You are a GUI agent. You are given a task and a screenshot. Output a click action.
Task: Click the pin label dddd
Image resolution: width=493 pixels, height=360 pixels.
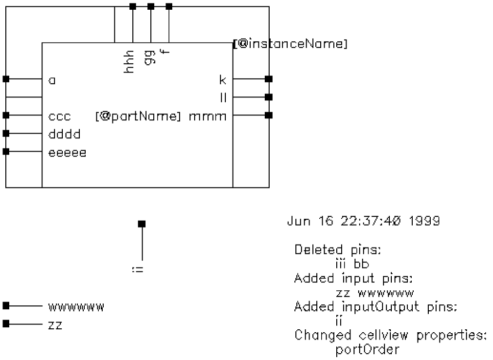(64, 134)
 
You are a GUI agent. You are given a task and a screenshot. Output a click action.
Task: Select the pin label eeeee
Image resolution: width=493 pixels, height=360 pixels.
(68, 152)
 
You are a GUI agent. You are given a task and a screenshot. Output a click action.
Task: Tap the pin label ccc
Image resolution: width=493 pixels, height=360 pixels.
(60, 116)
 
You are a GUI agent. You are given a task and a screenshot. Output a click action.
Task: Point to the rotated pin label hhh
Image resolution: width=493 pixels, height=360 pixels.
(129, 63)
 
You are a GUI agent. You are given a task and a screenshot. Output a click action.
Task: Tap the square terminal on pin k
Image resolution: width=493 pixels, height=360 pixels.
(268, 78)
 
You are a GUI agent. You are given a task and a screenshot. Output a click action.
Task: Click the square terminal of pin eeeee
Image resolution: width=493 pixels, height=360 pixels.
(6, 152)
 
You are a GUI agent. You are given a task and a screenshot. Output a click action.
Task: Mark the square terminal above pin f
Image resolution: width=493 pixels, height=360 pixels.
(169, 6)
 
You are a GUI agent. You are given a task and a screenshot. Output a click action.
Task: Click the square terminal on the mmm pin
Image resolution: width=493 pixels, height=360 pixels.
(268, 115)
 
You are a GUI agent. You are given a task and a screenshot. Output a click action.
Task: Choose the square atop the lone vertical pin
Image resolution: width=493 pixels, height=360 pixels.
(142, 224)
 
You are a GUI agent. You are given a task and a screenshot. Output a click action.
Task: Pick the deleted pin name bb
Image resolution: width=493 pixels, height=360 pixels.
(362, 265)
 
